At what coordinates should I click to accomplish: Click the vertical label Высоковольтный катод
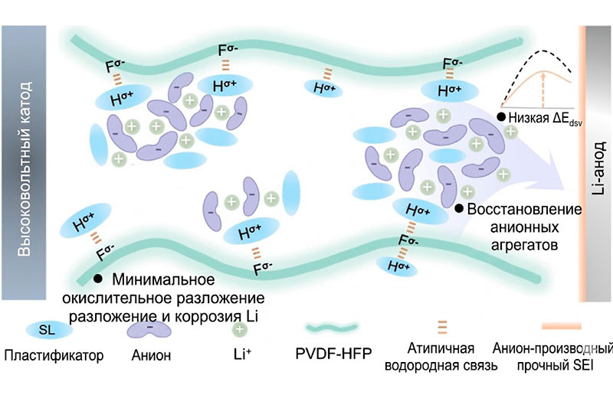[x=25, y=168]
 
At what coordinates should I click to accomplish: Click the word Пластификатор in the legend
[x=54, y=355]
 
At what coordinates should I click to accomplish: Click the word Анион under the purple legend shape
[x=151, y=355]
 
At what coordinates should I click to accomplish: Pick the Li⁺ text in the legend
[x=242, y=354]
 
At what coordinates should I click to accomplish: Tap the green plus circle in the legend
[x=239, y=329]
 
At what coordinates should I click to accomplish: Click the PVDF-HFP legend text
[x=333, y=354]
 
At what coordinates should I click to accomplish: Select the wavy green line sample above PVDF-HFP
[x=332, y=328]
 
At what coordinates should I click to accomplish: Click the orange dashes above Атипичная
[x=442, y=327]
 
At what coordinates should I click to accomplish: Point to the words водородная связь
[x=441, y=366]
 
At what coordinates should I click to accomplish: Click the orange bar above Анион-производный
[x=562, y=326]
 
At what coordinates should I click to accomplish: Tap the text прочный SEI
[x=555, y=366]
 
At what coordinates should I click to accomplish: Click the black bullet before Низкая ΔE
[x=501, y=116]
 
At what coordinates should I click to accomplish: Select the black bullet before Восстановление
[x=459, y=208]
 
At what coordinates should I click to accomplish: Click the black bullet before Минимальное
[x=98, y=279]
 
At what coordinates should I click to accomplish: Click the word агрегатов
[x=524, y=245]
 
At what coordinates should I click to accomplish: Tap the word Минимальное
[x=163, y=279]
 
